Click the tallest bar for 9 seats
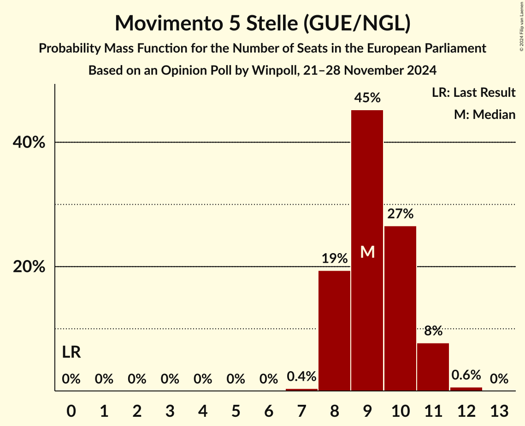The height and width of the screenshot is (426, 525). pyautogui.click(x=367, y=184)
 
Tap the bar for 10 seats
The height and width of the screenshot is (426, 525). pyautogui.click(x=400, y=308)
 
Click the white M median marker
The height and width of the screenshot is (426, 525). pyautogui.click(x=367, y=252)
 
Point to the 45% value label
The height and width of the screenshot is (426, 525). pyautogui.click(x=367, y=98)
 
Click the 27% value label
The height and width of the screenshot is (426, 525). pyautogui.click(x=400, y=214)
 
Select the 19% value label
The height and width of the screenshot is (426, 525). pyautogui.click(x=335, y=259)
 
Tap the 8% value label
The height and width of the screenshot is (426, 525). pyautogui.click(x=433, y=331)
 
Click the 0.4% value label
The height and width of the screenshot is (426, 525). pyautogui.click(x=301, y=377)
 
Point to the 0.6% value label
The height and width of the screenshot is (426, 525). pyautogui.click(x=466, y=375)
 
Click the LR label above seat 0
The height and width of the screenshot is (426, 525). pyautogui.click(x=71, y=353)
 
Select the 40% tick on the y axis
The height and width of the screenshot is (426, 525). pyautogui.click(x=29, y=143)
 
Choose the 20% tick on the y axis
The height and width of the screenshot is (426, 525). pyautogui.click(x=29, y=267)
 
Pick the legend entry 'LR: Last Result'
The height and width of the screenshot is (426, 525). pyautogui.click(x=473, y=93)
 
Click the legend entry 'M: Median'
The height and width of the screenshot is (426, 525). pyautogui.click(x=484, y=114)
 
